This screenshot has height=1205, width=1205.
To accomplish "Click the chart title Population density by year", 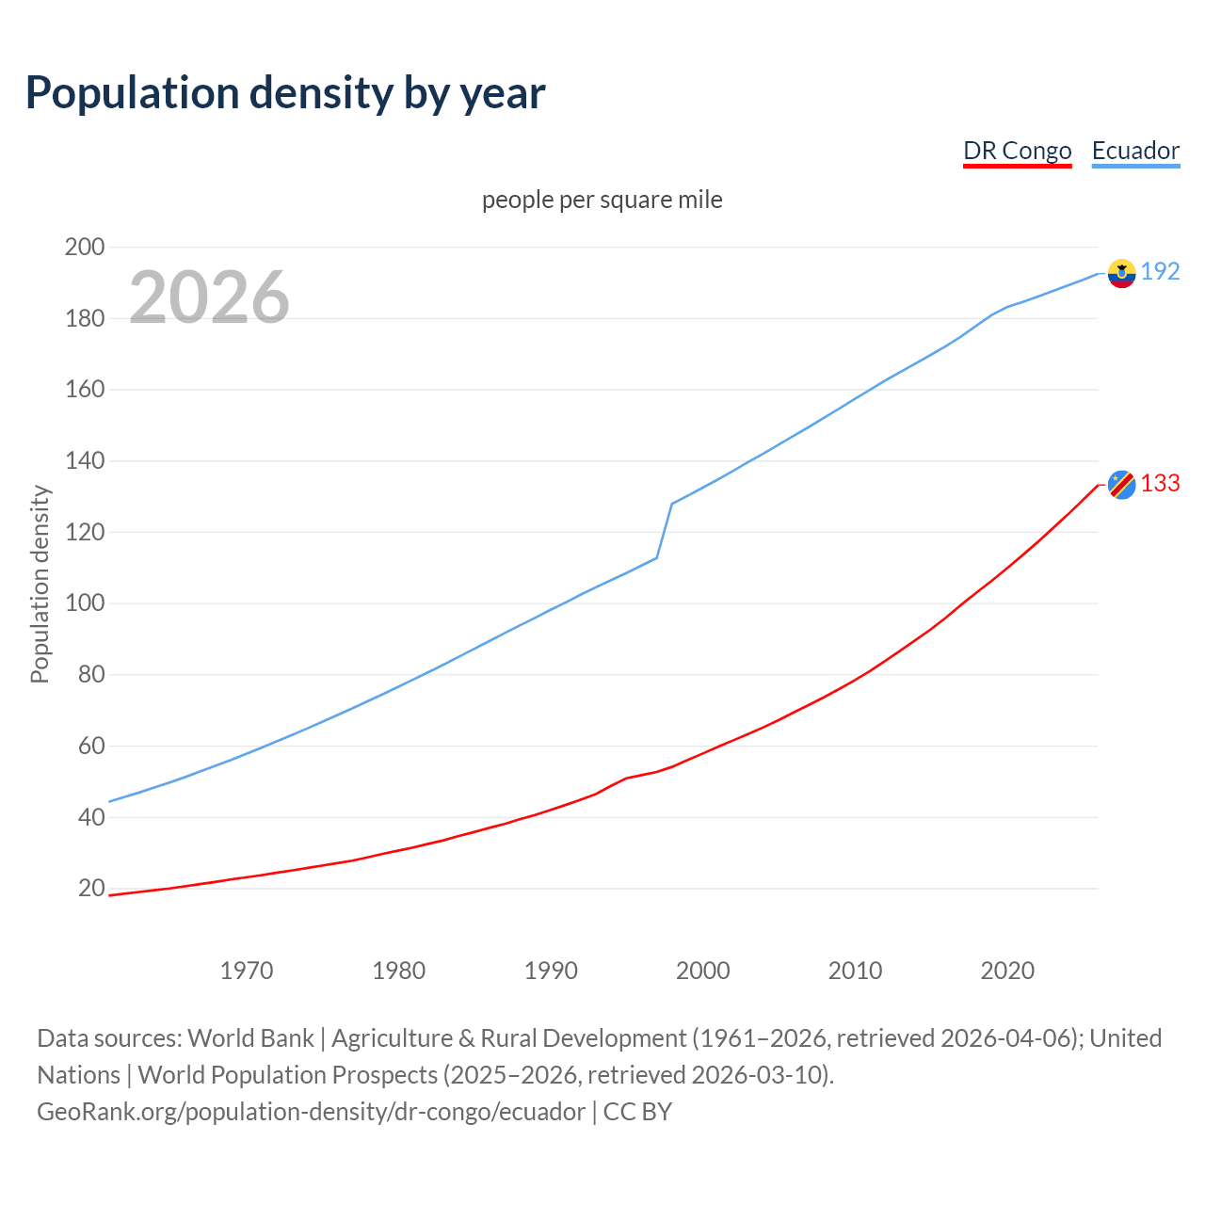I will tap(285, 93).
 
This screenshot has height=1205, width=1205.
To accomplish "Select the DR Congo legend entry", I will tap(1017, 151).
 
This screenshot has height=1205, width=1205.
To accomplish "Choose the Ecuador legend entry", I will tap(1135, 151).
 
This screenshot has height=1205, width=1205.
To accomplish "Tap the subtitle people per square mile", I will tap(602, 200).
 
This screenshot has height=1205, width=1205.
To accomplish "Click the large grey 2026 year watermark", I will tap(209, 297).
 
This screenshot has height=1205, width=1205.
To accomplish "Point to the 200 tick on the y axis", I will tap(85, 247).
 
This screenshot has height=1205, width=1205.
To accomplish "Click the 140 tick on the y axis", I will tap(85, 461).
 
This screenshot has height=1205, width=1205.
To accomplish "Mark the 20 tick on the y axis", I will tap(91, 888).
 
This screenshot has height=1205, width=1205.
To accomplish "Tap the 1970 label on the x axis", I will tap(247, 970).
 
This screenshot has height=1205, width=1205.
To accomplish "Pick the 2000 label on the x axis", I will tap(703, 970).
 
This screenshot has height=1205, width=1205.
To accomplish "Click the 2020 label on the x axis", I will tap(1007, 970).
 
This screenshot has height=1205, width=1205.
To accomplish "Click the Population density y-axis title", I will tap(40, 584).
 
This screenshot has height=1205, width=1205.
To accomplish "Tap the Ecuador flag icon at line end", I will tap(1121, 273).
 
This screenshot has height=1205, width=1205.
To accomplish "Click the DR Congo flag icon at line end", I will tap(1121, 484).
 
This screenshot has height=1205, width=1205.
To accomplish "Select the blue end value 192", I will tap(1160, 271).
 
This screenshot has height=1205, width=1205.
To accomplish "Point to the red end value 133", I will tap(1160, 483).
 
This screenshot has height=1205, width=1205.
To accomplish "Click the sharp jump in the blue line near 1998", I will tap(665, 530).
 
